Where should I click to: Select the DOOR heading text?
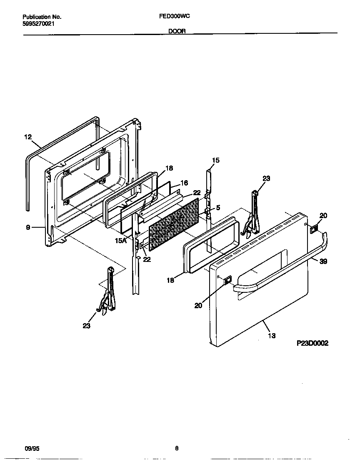point(177,31)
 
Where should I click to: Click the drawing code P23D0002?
point(312,343)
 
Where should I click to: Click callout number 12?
point(28,136)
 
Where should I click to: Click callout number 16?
point(184,183)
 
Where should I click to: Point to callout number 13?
point(272,335)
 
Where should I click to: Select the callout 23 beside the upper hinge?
point(266,178)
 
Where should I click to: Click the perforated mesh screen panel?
point(174,224)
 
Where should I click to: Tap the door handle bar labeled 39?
point(283,267)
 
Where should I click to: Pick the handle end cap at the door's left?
point(227,281)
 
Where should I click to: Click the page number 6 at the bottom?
point(177,448)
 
